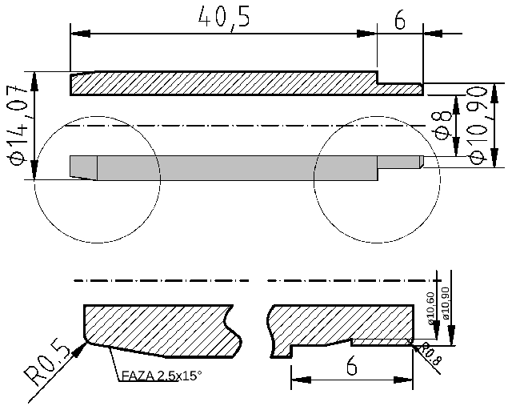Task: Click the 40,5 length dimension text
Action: point(224,19)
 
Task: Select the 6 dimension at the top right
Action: point(399,20)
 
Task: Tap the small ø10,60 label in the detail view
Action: point(432,307)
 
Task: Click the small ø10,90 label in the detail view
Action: point(446,304)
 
